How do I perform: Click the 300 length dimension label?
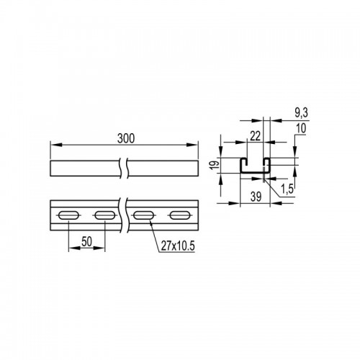(x=126, y=138)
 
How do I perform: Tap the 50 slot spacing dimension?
(x=86, y=241)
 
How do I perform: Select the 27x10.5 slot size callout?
(x=178, y=246)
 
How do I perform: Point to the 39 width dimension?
(x=256, y=197)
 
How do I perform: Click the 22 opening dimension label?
(x=256, y=136)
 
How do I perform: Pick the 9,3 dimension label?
(x=301, y=113)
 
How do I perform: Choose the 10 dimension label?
(x=302, y=128)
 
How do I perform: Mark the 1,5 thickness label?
(x=287, y=189)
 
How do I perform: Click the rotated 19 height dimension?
(x=216, y=165)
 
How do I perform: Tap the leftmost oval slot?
(x=68, y=215)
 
